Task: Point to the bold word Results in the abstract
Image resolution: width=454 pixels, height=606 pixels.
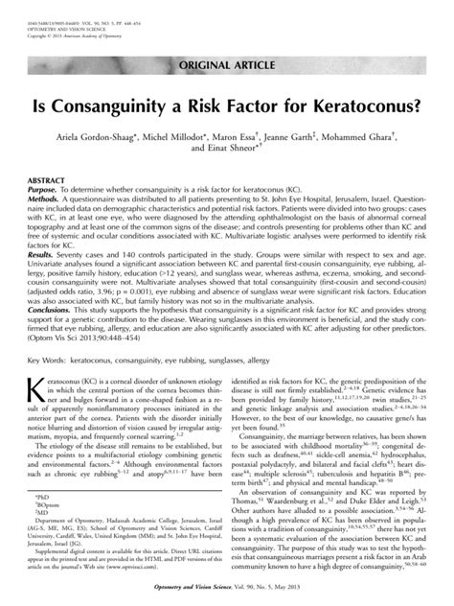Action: (45, 257)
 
